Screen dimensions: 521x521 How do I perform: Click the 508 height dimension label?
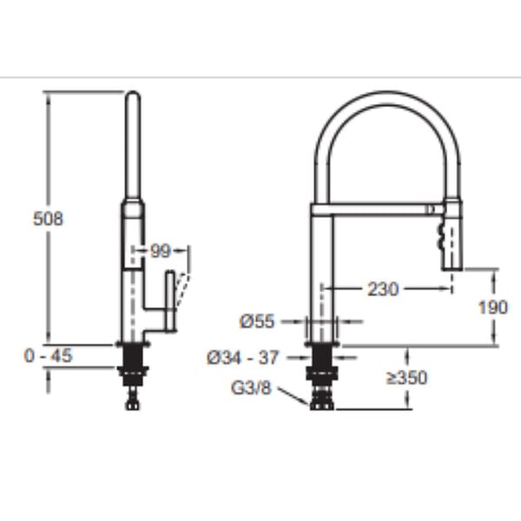click(48, 219)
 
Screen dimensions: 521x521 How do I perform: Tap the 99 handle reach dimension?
click(160, 251)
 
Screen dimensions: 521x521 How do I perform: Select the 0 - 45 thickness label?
click(48, 356)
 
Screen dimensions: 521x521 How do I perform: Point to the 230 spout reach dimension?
click(383, 289)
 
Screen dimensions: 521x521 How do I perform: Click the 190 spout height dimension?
click(493, 307)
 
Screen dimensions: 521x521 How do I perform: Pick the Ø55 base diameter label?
click(258, 321)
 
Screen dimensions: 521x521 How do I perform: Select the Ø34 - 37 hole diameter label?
click(242, 358)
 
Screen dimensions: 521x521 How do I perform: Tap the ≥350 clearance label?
click(406, 378)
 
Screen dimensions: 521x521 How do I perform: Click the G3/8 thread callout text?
click(251, 388)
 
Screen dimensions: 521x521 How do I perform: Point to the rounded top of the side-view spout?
click(133, 95)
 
